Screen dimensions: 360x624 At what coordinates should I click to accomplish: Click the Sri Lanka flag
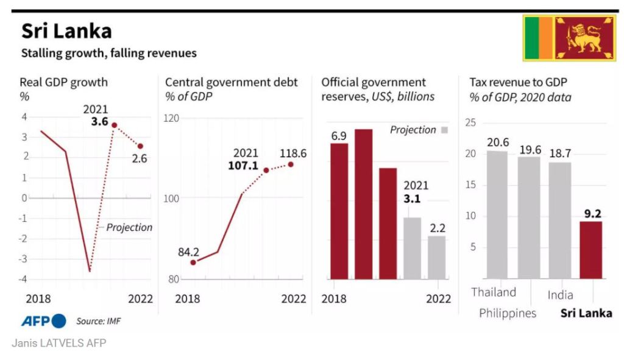coord(570,38)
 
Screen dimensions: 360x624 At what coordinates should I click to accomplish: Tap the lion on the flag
coord(584,38)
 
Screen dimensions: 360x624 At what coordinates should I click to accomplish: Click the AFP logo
coord(44,321)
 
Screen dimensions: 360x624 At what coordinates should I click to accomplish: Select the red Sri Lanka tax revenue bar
coord(590,250)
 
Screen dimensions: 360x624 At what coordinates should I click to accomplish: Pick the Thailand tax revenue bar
coord(497,214)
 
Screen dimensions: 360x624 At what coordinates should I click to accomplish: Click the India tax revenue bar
coord(560,220)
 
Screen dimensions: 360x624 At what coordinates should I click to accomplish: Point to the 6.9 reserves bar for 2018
coord(339,211)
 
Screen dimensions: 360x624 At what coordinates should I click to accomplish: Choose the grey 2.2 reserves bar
coord(436,257)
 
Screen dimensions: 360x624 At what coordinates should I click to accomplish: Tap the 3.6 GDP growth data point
coord(114,125)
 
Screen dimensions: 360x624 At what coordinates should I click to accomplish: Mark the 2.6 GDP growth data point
coord(140,146)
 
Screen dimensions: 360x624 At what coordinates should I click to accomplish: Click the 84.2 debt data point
coord(193,263)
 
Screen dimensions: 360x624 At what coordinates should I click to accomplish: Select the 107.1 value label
coord(246,165)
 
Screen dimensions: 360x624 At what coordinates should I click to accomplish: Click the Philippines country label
coord(508,313)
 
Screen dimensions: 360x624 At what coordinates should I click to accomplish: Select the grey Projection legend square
coord(444,130)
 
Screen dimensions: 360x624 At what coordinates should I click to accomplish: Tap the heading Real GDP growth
coord(63,82)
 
